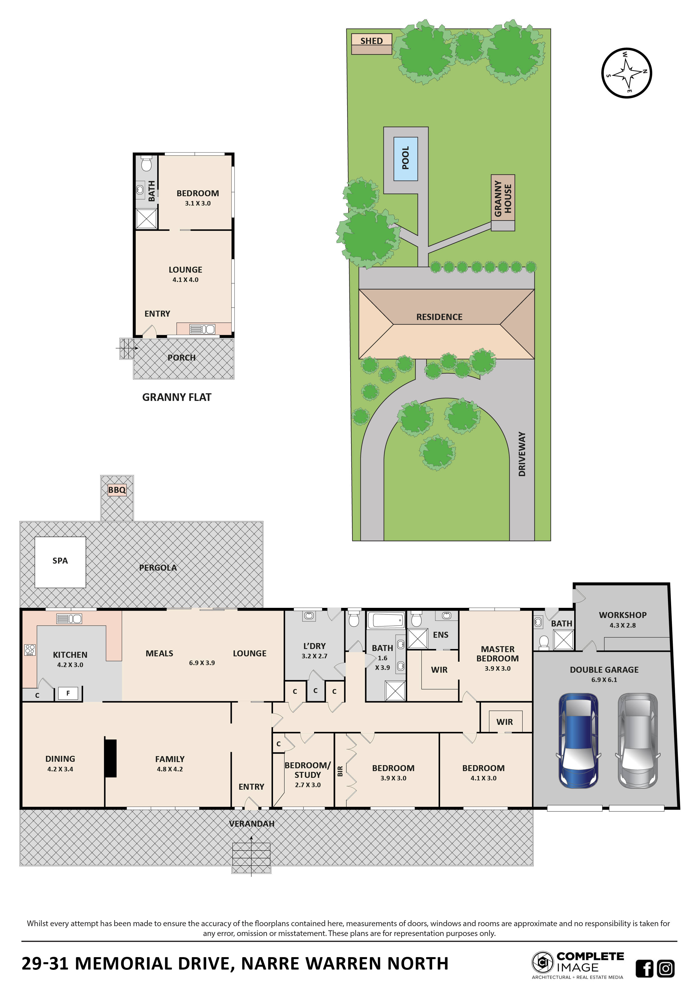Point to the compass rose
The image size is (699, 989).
[626, 73]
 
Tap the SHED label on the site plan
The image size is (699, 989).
[371, 41]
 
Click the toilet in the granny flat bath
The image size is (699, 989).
[146, 164]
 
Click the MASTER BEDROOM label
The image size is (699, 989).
[498, 654]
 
